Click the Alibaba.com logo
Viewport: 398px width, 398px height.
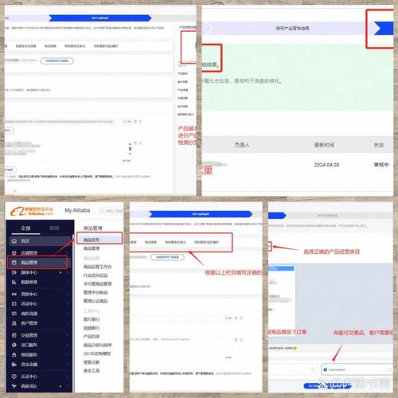[x=29, y=209]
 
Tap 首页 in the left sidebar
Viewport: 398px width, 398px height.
[x=25, y=240]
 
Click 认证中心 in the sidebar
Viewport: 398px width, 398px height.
[x=29, y=376]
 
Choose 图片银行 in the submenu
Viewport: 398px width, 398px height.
[x=94, y=318]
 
